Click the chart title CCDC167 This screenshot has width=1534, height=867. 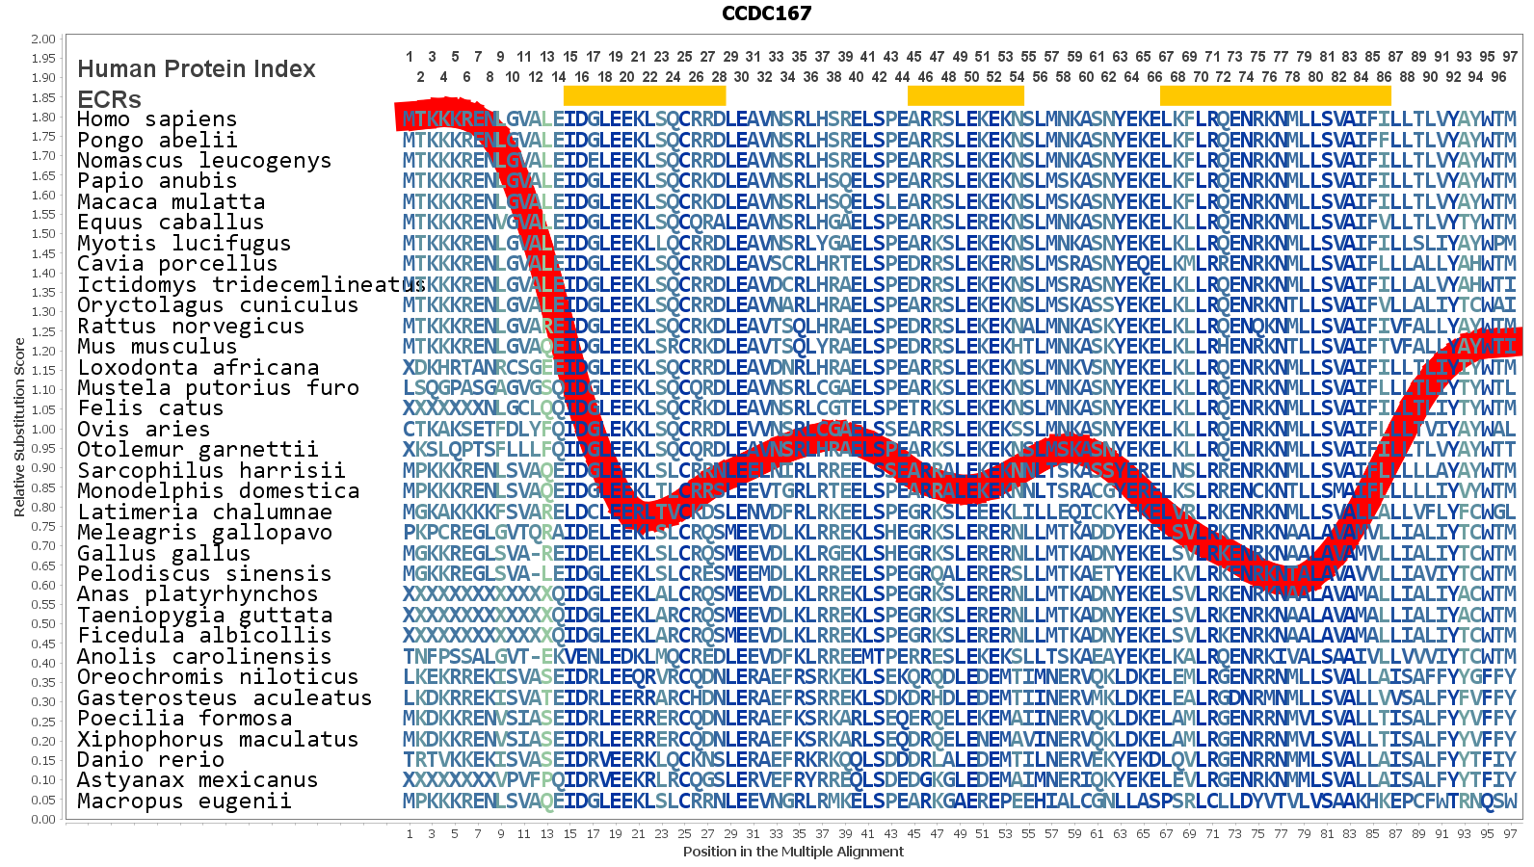(x=766, y=13)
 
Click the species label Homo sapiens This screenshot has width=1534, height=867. (x=157, y=119)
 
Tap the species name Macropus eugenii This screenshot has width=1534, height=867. (x=184, y=801)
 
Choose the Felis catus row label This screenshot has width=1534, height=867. (x=150, y=408)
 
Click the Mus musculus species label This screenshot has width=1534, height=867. (x=157, y=347)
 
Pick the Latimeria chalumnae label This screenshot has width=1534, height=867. (x=204, y=512)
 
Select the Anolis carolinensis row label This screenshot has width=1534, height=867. (x=204, y=657)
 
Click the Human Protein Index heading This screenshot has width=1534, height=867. (x=197, y=69)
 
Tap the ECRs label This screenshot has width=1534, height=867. (x=109, y=99)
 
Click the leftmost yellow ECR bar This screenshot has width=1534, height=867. (x=644, y=95)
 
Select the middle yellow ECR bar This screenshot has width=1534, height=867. (x=965, y=95)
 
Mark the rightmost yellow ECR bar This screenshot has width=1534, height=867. (x=1275, y=95)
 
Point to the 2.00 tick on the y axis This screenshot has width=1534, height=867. (x=43, y=39)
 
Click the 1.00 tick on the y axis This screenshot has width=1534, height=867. (x=43, y=430)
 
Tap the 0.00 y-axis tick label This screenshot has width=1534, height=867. (x=43, y=820)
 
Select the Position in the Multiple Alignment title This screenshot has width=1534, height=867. (x=793, y=852)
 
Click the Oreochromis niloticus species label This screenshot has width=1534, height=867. (x=218, y=677)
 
